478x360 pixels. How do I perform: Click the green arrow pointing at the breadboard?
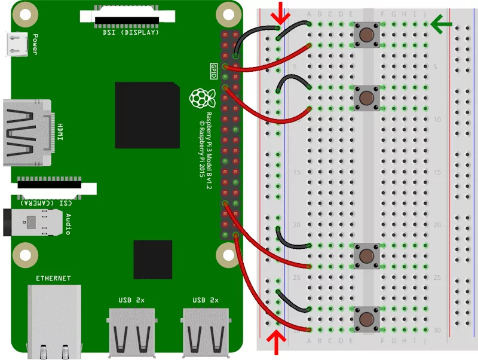[443, 25]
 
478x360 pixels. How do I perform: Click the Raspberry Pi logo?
[198, 98]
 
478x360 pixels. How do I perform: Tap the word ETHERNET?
[54, 278]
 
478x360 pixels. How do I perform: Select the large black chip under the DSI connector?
[148, 115]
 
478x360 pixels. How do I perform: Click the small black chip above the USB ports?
[154, 260]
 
